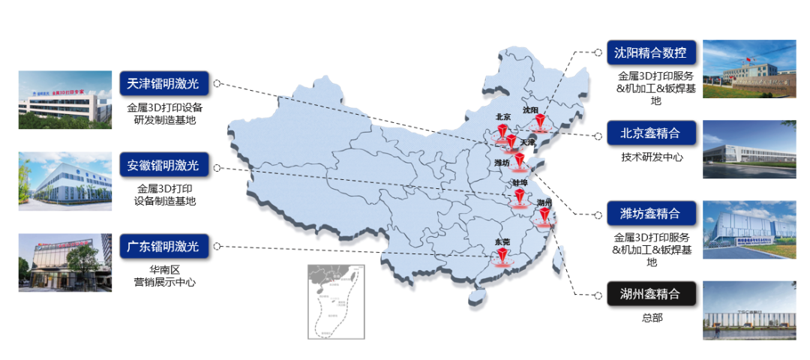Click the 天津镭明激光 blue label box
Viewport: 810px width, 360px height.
click(x=164, y=82)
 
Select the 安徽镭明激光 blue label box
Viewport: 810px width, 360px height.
click(x=164, y=165)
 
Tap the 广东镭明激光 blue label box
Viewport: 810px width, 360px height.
click(x=164, y=246)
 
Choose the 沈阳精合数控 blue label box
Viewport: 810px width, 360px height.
click(x=651, y=52)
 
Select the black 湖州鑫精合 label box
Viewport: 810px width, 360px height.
click(x=651, y=295)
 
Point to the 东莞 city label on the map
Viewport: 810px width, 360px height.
click(x=502, y=241)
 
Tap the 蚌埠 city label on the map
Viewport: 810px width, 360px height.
click(x=520, y=182)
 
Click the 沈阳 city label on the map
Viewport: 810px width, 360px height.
click(x=531, y=110)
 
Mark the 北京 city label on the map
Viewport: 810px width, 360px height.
click(x=502, y=117)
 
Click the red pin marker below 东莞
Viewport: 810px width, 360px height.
click(x=502, y=257)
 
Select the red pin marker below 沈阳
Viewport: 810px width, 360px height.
click(x=538, y=124)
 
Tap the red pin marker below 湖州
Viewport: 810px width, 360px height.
click(x=544, y=216)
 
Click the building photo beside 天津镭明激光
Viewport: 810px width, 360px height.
click(x=65, y=100)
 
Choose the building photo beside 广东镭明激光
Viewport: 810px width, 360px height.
click(x=65, y=261)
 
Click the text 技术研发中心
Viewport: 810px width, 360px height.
click(x=651, y=157)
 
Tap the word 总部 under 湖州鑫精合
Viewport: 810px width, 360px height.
click(x=652, y=318)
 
